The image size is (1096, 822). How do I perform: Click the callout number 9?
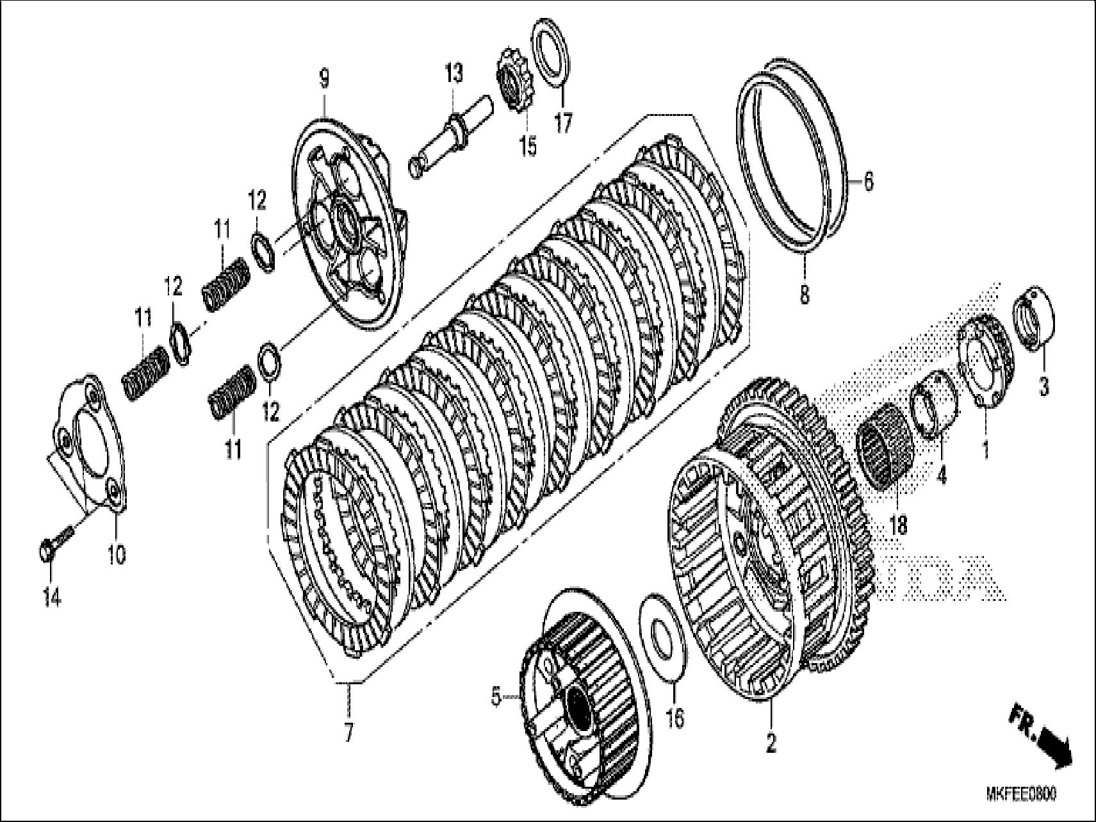click(x=324, y=80)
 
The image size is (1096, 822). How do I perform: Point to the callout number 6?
click(x=868, y=182)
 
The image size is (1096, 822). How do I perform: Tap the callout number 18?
click(x=899, y=525)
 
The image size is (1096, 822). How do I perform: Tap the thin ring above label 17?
click(x=551, y=51)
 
